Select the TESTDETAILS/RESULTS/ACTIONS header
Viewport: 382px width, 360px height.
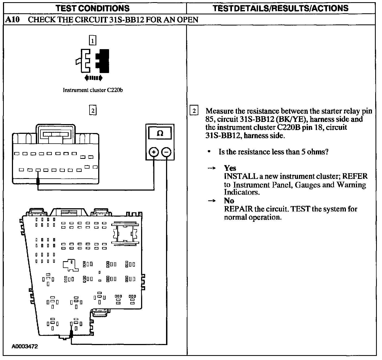[x=281, y=8]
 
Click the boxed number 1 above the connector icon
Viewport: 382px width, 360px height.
[x=93, y=41]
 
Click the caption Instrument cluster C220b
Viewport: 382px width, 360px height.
[x=93, y=90]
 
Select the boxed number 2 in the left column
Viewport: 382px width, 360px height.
[x=93, y=110]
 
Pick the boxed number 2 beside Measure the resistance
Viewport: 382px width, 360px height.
[x=194, y=111]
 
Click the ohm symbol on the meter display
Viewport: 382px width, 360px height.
[x=160, y=133]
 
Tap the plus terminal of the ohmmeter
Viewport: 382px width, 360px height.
[x=154, y=152]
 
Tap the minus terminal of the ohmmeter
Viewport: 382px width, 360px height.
[x=166, y=152]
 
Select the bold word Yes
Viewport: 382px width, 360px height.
[x=230, y=168]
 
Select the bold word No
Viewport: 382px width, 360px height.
[x=229, y=201]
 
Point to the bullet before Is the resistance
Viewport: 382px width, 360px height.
[x=209, y=152]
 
